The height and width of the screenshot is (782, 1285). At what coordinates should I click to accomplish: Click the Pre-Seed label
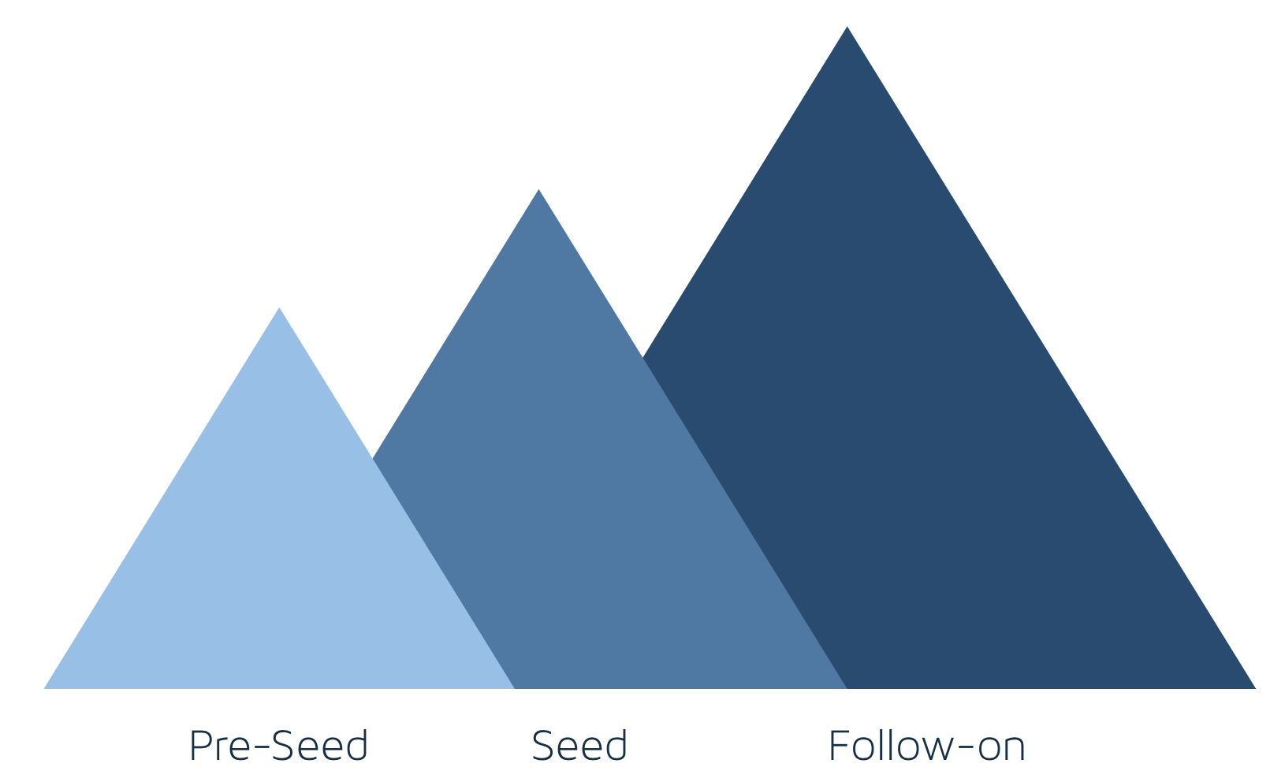pos(279,745)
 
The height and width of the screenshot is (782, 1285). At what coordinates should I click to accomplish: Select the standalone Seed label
pos(579,745)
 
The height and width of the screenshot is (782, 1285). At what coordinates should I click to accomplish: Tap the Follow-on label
pos(926,745)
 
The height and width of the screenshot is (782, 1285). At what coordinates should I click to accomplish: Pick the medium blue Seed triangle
pos(574,516)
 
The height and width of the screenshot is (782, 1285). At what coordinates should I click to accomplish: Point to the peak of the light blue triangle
pos(279,307)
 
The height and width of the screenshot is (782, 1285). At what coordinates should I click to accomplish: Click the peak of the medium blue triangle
pos(538,189)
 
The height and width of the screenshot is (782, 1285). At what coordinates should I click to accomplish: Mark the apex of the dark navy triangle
pos(847,26)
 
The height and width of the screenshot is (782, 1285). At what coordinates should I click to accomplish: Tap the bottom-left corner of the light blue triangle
pos(44,688)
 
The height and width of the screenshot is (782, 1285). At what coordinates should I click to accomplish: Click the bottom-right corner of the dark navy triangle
pos(1256,688)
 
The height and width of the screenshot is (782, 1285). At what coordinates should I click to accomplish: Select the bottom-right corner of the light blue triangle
pos(515,688)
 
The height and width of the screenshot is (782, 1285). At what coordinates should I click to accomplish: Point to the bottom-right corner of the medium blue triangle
pos(847,688)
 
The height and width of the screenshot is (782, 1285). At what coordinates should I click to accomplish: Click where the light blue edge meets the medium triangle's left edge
pos(372,459)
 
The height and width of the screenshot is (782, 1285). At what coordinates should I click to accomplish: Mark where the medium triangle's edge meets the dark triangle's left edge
pos(642,357)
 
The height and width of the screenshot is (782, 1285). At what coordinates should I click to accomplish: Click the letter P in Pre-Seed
pos(200,745)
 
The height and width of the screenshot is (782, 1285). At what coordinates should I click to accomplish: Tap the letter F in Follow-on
pos(840,745)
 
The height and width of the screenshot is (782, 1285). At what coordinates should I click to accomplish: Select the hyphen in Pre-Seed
pos(261,747)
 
